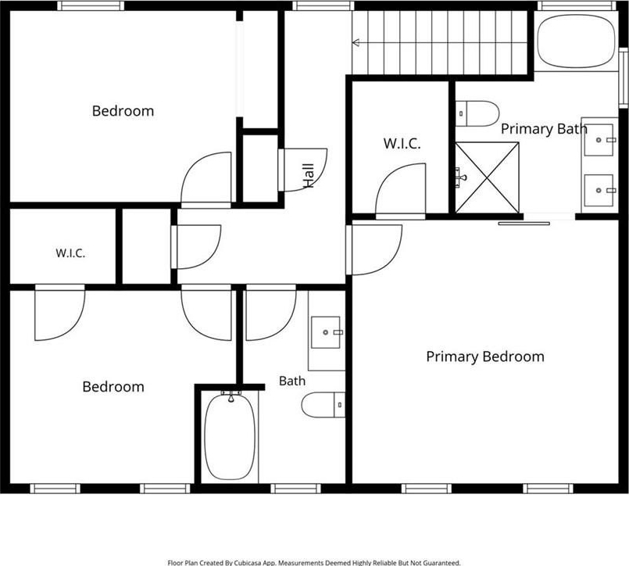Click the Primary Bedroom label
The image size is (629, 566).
pos(485,356)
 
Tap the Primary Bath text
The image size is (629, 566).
pos(544,129)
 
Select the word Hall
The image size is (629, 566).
pos(308,175)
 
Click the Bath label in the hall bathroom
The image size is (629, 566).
pos(292,381)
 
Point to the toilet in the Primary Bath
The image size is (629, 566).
pos(477,113)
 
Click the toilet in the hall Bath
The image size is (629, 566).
pos(323,405)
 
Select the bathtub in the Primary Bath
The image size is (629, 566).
pos(576,41)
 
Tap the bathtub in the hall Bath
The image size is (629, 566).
pos(230,437)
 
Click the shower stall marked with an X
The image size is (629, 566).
pos(487,177)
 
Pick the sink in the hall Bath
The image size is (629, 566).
pos(326,332)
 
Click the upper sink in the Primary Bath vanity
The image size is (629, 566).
pos(599,140)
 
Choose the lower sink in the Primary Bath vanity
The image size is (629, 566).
pos(599,190)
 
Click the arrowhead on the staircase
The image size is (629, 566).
pos(356,42)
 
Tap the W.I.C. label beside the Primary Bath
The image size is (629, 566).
pos(402,143)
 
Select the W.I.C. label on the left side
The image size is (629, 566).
pos(70,253)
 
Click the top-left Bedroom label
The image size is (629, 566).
pos(123,111)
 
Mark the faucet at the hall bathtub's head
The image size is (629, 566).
pos(231,396)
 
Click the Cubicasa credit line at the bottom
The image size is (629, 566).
pos(313,563)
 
